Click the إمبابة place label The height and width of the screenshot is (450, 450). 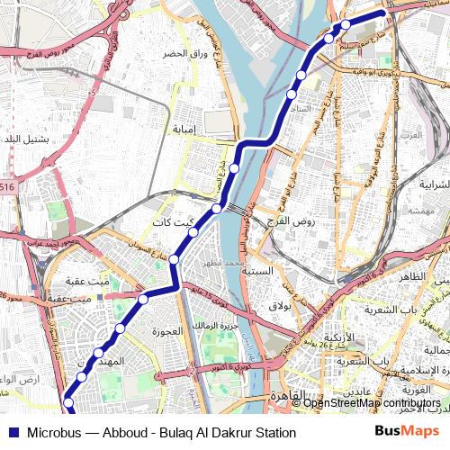tap(189, 129)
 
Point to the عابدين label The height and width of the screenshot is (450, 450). tap(357, 392)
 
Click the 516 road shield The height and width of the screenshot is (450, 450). tap(7, 186)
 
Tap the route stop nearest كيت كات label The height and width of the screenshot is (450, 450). tap(192, 233)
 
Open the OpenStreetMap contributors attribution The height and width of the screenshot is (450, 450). tap(372, 402)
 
